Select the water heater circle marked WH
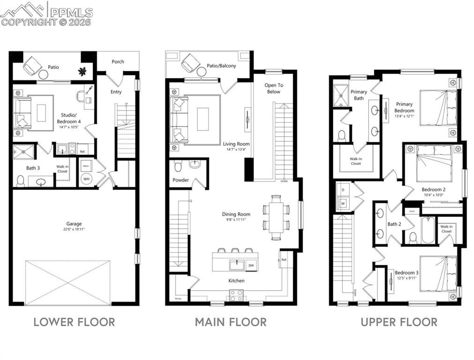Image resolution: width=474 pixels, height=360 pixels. tap(86, 179)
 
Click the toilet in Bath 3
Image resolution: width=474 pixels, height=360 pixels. tap(20, 180)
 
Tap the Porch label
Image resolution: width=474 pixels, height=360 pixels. tap(118, 62)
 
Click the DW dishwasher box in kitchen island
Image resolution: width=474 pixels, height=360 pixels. tap(251, 265)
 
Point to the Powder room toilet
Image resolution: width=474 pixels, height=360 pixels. tap(178, 166)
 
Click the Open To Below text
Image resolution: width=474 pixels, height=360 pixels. tap(274, 88)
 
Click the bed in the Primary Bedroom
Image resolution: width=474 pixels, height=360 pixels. tap(438, 108)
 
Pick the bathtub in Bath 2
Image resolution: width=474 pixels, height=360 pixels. tap(428, 230)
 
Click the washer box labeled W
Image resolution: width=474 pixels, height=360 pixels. tap(342, 203)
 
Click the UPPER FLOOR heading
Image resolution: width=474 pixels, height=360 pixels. tap(399, 322)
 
